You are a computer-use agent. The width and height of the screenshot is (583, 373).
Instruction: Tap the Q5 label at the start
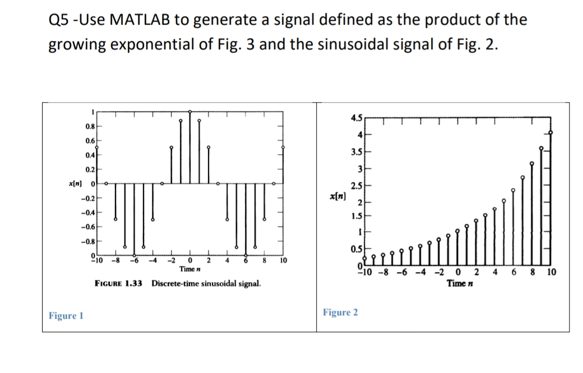(x=60, y=20)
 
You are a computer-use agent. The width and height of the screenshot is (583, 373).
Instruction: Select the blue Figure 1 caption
(x=66, y=315)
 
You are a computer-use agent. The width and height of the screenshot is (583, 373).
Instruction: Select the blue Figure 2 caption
(x=340, y=312)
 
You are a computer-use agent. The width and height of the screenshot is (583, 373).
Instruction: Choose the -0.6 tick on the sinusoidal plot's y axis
(x=86, y=227)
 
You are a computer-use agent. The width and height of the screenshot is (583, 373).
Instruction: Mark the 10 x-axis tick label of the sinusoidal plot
(x=283, y=260)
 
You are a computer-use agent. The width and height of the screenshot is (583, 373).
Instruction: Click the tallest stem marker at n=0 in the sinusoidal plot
(x=190, y=112)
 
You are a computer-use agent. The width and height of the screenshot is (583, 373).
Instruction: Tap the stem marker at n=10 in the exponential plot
(x=550, y=133)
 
